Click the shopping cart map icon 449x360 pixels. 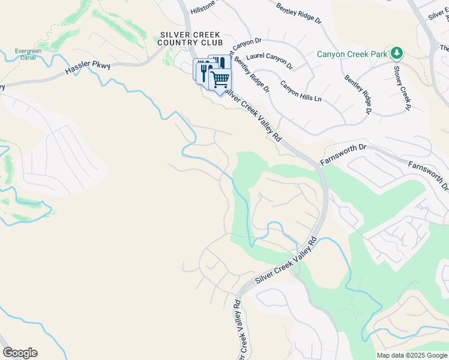pyautogui.click(x=220, y=79)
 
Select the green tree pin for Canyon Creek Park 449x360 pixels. pyautogui.click(x=396, y=53)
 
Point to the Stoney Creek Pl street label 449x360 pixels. pyautogui.click(x=401, y=88)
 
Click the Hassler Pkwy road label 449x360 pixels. pyautogui.click(x=89, y=70)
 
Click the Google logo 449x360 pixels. pyautogui.click(x=19, y=353)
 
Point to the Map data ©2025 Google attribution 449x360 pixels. pyautogui.click(x=411, y=355)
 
